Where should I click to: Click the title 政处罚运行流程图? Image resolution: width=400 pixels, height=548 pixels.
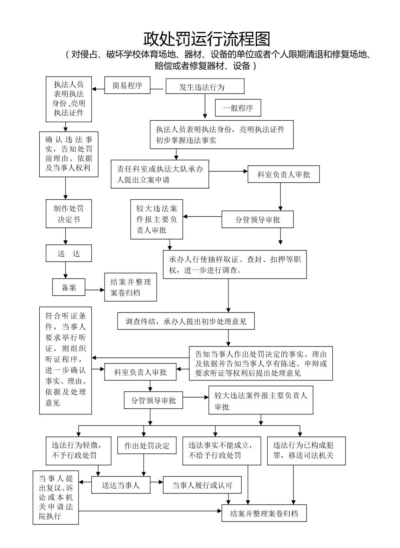tap(207, 39)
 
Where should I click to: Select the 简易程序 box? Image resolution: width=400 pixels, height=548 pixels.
tap(127, 85)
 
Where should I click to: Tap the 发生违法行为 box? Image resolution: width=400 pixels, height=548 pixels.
tap(205, 86)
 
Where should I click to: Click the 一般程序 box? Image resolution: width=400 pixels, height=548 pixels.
tap(238, 108)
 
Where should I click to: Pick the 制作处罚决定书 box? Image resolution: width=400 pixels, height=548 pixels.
tap(69, 214)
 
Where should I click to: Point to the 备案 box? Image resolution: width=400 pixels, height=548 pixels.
tap(69, 287)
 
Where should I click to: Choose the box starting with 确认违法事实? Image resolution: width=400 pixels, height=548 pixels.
tap(69, 154)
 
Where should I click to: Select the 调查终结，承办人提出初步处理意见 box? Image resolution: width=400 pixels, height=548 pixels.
tap(186, 321)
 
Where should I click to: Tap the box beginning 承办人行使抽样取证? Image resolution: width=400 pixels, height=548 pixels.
tap(234, 265)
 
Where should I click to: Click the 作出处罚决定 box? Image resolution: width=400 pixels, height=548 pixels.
tap(147, 446)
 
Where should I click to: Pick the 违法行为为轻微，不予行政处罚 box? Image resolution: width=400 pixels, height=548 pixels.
tap(78, 451)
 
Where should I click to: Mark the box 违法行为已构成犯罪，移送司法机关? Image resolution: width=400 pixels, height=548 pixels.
tap(306, 451)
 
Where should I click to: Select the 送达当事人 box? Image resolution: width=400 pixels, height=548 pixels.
tap(121, 485)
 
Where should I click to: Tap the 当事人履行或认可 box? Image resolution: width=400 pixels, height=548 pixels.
tap(202, 485)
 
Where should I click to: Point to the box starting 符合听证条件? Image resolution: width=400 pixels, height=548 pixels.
tap(66, 360)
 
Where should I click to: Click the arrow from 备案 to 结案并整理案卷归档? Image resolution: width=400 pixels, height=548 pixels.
tap(95, 290)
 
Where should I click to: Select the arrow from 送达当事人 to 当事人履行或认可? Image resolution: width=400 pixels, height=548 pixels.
tap(157, 482)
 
